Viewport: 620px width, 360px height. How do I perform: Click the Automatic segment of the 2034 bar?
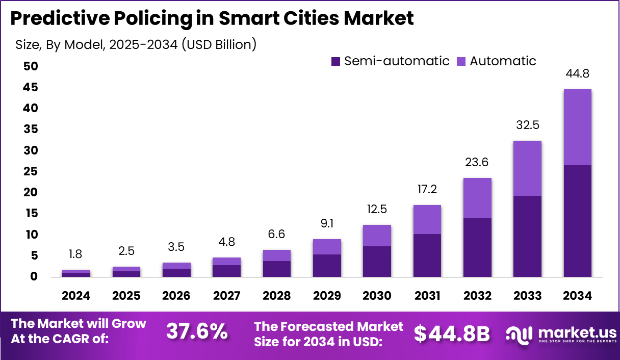pyautogui.click(x=577, y=127)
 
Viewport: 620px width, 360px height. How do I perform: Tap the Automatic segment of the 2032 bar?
pyautogui.click(x=477, y=198)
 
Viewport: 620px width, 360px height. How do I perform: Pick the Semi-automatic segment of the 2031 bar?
pyautogui.click(x=427, y=255)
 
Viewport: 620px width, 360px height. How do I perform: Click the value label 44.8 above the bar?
pyautogui.click(x=577, y=74)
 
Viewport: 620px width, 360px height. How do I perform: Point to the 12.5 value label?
pyautogui.click(x=377, y=210)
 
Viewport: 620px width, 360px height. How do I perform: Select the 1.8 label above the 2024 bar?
pyautogui.click(x=75, y=254)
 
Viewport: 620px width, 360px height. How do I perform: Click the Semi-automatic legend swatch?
pyautogui.click(x=335, y=62)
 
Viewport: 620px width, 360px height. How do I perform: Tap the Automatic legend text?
pyautogui.click(x=503, y=61)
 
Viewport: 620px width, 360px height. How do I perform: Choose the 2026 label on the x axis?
pyautogui.click(x=176, y=296)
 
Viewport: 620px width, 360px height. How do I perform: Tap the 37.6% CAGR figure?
pyautogui.click(x=197, y=332)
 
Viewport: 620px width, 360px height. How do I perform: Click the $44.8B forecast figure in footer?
pyautogui.click(x=452, y=333)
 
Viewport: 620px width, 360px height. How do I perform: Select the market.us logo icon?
pyautogui.click(x=519, y=334)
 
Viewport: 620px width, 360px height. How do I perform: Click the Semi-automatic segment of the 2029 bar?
pyautogui.click(x=327, y=265)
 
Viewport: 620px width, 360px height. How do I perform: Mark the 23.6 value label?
pyautogui.click(x=477, y=163)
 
